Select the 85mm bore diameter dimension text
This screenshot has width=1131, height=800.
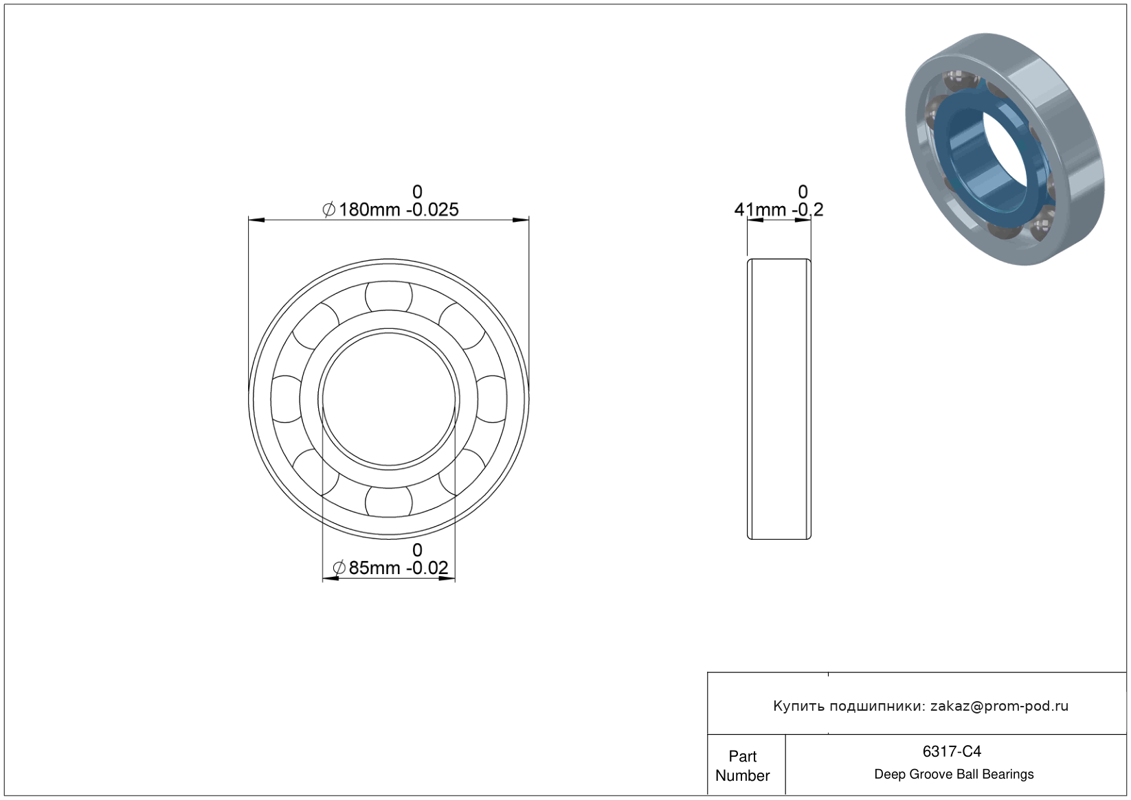[374, 568]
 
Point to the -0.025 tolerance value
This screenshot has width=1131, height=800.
[432, 209]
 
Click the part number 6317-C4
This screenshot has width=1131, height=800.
[952, 751]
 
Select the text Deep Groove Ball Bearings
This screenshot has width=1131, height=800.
[954, 775]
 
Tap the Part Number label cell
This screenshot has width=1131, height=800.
[743, 766]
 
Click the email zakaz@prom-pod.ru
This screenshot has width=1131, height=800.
[999, 706]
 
